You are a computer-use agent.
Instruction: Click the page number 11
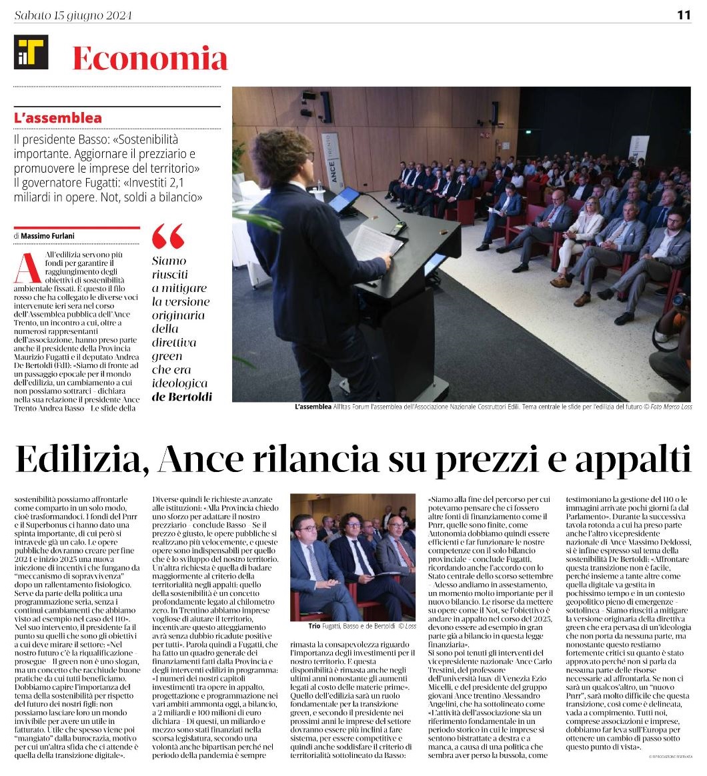pyautogui.click(x=684, y=15)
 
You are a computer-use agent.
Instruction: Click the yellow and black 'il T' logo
pyautogui.click(x=31, y=52)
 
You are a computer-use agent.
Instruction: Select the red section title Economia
pyautogui.click(x=150, y=59)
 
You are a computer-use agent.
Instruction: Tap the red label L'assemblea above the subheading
pyautogui.click(x=58, y=118)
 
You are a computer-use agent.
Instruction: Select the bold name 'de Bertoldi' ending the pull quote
pyautogui.click(x=181, y=397)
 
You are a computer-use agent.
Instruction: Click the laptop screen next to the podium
pyautogui.click(x=344, y=199)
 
